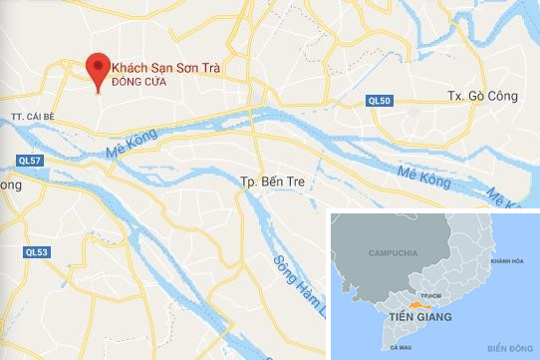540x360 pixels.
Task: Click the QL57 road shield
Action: pos(31,161)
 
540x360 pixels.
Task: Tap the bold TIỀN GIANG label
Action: pos(419,316)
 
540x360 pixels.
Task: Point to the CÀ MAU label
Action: pos(404,346)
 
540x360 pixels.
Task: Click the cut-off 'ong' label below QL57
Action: pos(11,184)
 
